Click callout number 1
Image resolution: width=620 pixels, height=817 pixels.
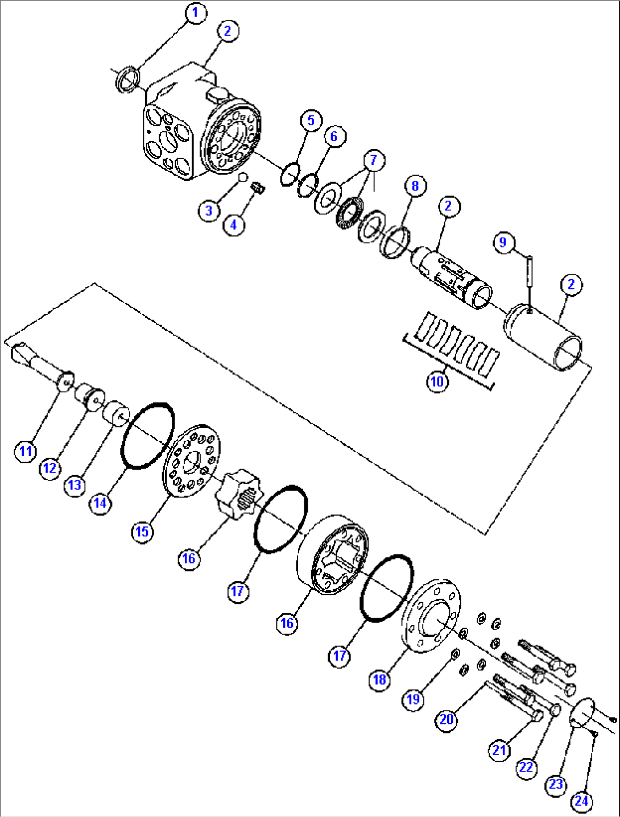point(196,13)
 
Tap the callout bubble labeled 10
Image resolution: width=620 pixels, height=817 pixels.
point(437,381)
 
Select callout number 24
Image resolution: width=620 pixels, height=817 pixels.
point(581,801)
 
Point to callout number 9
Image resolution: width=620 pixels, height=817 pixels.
point(503,242)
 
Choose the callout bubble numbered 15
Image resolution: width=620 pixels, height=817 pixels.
point(142,531)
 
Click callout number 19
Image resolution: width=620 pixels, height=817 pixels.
point(414,699)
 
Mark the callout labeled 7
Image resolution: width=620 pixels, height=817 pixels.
point(374,160)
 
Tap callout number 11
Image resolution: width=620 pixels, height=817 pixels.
point(25,451)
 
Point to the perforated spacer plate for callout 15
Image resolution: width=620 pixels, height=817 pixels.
point(191,461)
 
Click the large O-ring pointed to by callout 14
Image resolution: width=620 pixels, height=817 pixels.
point(148,436)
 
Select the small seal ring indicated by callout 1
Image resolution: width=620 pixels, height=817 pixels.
point(127,80)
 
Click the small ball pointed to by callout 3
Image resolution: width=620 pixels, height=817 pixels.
point(243,177)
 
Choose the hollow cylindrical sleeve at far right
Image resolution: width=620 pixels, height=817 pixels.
point(543,337)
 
